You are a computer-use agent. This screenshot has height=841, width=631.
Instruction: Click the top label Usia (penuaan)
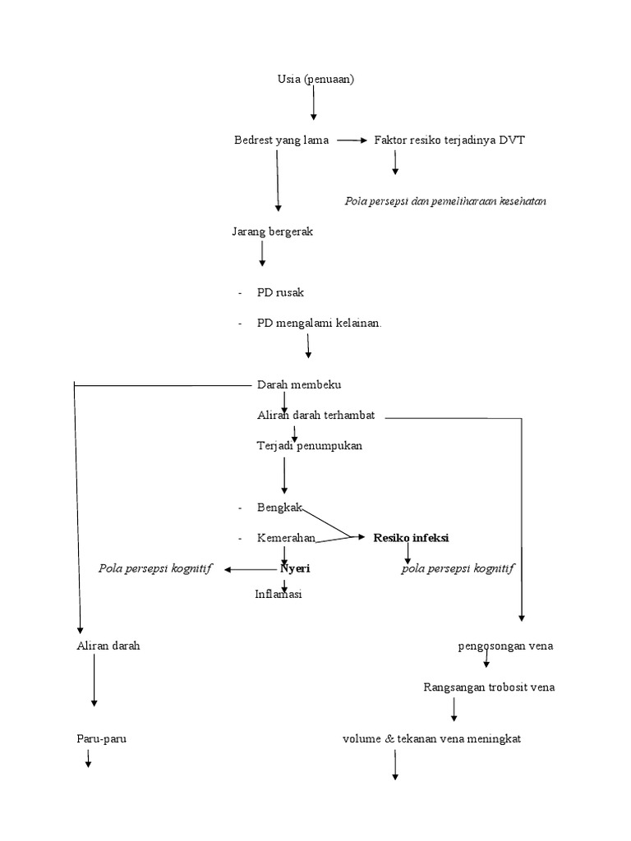pos(315,79)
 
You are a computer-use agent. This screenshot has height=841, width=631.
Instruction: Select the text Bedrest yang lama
pos(281,140)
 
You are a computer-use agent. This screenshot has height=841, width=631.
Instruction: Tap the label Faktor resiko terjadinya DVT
pos(449,140)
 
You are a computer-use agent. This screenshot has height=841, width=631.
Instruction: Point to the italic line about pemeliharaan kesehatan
pos(446,200)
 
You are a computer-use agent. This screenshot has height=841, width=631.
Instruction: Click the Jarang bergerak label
pos(272,232)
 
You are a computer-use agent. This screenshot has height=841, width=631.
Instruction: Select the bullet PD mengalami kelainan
pos(319,323)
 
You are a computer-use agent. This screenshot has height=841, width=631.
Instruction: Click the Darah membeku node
pos(298,384)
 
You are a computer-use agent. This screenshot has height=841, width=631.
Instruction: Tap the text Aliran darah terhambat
pos(315,416)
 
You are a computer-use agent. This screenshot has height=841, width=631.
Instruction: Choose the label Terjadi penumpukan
pos(309,446)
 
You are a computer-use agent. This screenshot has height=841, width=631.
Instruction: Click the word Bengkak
pos(279,508)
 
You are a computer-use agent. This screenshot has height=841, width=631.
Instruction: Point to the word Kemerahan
pos(286,538)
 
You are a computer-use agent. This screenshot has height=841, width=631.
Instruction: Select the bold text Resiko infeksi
pos(411,538)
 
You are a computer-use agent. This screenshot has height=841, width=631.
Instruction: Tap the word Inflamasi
pos(279,594)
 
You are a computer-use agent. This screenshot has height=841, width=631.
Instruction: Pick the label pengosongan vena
pos(505,646)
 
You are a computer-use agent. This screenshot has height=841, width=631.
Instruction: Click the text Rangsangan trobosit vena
pos(489,687)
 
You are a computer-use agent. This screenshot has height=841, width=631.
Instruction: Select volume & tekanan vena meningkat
pos(431,738)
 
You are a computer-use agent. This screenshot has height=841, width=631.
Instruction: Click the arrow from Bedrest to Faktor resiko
pos(351,140)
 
